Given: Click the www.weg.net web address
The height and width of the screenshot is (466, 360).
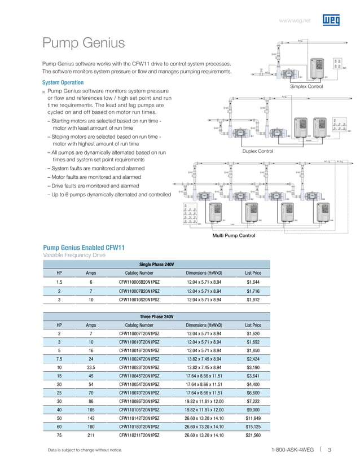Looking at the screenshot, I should [x=296, y=21].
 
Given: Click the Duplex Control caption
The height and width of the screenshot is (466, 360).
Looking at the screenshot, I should [x=257, y=151].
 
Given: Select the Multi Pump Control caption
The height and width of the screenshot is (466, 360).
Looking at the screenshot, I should [x=233, y=235].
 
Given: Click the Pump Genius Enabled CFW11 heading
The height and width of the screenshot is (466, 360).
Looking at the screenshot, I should [x=84, y=248].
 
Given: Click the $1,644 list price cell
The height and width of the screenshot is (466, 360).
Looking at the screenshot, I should [x=253, y=282].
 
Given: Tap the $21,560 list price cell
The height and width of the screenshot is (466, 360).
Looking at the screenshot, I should [x=253, y=436].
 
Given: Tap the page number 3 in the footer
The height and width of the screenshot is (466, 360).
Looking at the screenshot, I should [x=329, y=450].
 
